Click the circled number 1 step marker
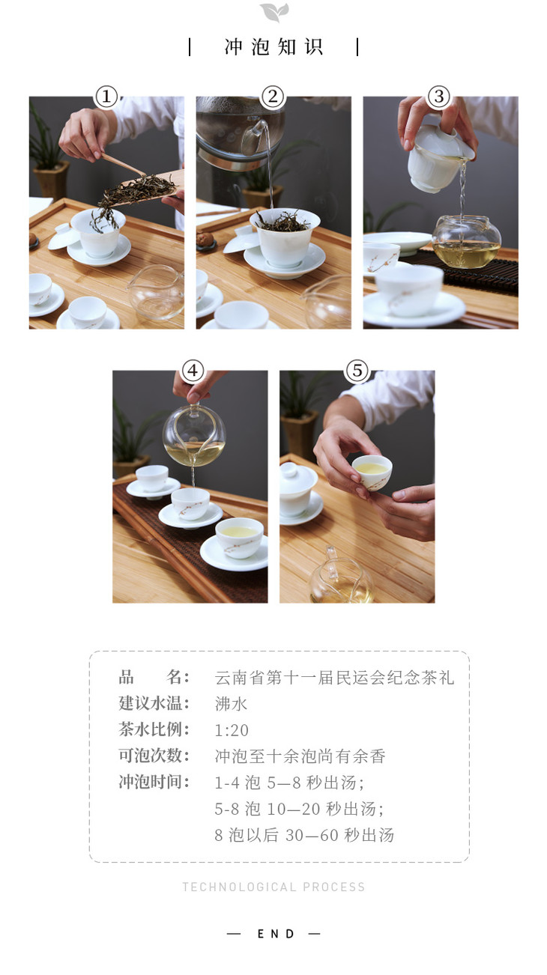tap(106, 97)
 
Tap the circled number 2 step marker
tap(273, 97)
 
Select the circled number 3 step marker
tap(439, 97)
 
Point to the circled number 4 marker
tap(193, 371)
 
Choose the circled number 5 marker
tap(357, 371)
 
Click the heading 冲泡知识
tap(273, 47)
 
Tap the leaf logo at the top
tap(274, 12)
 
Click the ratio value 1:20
tap(232, 730)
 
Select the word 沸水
tap(231, 704)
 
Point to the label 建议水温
tap(154, 703)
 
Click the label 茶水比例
tap(154, 729)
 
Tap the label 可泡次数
tap(154, 756)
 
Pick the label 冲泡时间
tap(154, 783)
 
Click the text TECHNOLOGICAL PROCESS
tap(273, 887)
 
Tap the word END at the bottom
tap(276, 934)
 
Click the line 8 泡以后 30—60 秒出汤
tap(304, 835)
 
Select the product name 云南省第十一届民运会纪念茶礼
tap(334, 677)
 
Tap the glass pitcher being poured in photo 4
tap(194, 435)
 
